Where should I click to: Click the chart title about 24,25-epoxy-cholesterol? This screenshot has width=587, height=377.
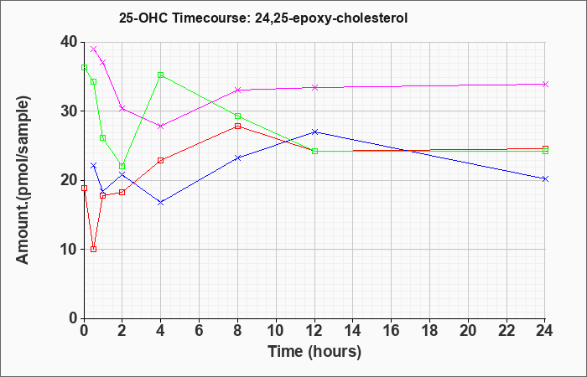[x=263, y=18]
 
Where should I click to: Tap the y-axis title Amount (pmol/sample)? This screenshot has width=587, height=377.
[x=23, y=180]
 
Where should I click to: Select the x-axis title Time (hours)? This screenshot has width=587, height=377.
[x=314, y=352]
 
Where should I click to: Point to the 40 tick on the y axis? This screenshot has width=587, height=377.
[x=70, y=42]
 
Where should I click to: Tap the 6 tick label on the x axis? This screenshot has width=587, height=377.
[x=200, y=331]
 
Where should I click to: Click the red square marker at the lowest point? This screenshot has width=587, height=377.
[x=94, y=249]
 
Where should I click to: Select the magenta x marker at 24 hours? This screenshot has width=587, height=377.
[x=545, y=84]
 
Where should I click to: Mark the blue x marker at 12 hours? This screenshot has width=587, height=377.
[x=314, y=132]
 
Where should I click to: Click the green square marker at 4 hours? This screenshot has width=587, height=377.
[x=161, y=75]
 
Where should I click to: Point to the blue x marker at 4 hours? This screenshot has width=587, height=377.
[x=161, y=203]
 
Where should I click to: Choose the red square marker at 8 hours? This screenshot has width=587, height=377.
[x=237, y=126]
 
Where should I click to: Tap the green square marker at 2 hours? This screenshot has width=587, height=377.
[x=122, y=166]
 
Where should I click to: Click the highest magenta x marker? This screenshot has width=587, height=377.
[x=94, y=49]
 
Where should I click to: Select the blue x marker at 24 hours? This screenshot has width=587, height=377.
[x=545, y=178]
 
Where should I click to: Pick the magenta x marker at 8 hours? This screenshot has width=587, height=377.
[x=237, y=90]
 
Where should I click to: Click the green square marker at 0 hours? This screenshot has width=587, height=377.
[x=84, y=67]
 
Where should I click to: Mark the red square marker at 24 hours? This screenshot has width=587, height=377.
[x=545, y=148]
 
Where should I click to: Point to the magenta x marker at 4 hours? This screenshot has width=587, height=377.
[x=161, y=126]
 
